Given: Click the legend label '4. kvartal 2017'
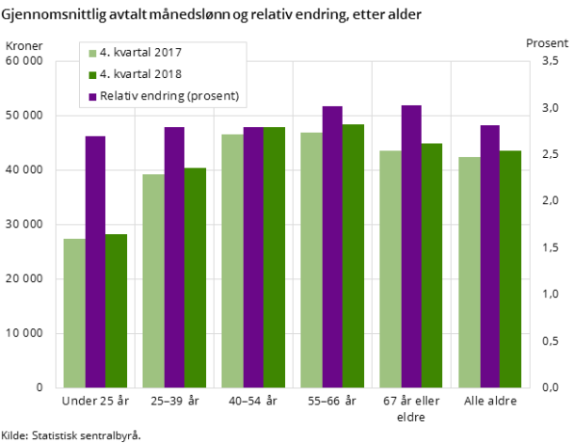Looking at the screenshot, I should pos(140,53).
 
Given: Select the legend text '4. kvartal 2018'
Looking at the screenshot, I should pos(140,74).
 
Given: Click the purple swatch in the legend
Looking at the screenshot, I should pos(92,96).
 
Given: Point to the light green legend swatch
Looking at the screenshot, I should pos(92,53).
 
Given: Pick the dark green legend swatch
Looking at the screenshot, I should pos(92,74).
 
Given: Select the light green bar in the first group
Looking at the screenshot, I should pos(74,313).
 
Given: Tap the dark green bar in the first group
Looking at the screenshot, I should pos(116,310).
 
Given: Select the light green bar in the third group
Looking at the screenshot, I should pos(232,261).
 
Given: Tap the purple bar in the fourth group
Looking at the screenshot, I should pos(332,246).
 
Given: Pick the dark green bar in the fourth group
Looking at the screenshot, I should pos(353,256).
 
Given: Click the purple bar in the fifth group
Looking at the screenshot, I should pos(411,246).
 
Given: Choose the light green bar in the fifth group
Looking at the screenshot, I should pos(391,269).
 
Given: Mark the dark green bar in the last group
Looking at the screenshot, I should pos(511,269).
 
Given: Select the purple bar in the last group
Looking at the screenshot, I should pos(490,256).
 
